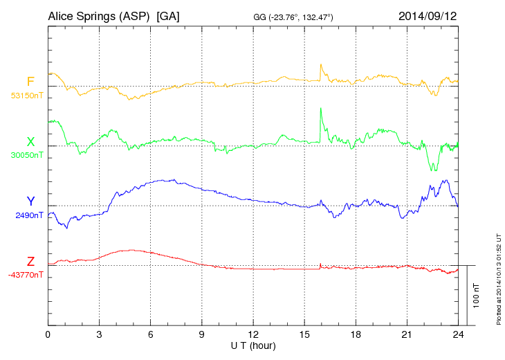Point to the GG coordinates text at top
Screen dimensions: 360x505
(294, 16)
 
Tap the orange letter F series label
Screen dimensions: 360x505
(30, 82)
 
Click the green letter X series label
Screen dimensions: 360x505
(30, 142)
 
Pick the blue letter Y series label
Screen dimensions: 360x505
(30, 201)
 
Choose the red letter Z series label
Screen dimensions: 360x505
(30, 262)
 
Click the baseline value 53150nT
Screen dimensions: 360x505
(26, 96)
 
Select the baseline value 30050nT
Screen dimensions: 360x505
(26, 155)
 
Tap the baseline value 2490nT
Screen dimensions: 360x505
(29, 215)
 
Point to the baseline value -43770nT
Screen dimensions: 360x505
(26, 275)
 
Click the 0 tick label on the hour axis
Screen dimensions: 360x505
(48, 334)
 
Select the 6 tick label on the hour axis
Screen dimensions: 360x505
(150, 334)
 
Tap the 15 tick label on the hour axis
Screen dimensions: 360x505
(304, 334)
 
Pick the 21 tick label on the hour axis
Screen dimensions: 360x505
(407, 334)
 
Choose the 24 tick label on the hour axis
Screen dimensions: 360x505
(458, 334)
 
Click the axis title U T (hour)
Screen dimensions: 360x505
(253, 345)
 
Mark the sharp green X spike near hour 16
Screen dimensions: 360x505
(320, 109)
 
